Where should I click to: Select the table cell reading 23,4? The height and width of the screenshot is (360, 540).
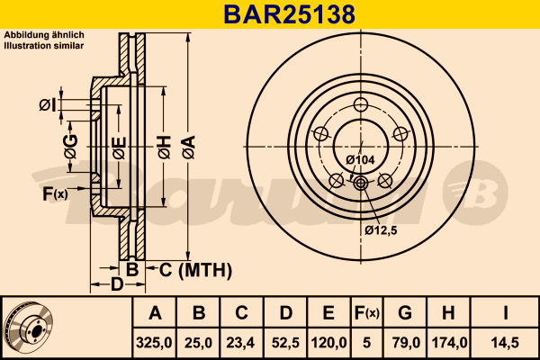(x=241, y=342)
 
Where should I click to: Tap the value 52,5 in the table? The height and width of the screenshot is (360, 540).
(x=284, y=342)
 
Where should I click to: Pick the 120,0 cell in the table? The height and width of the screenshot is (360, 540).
(x=328, y=342)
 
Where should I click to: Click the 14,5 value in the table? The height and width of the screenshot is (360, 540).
(x=506, y=342)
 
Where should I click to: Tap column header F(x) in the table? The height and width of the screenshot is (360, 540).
(x=365, y=313)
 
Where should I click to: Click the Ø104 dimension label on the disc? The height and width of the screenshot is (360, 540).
(x=360, y=160)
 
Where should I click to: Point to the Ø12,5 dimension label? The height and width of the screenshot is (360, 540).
(x=382, y=229)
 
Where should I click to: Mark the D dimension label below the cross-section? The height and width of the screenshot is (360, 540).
(x=117, y=285)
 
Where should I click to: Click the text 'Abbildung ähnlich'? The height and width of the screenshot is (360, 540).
(x=44, y=34)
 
